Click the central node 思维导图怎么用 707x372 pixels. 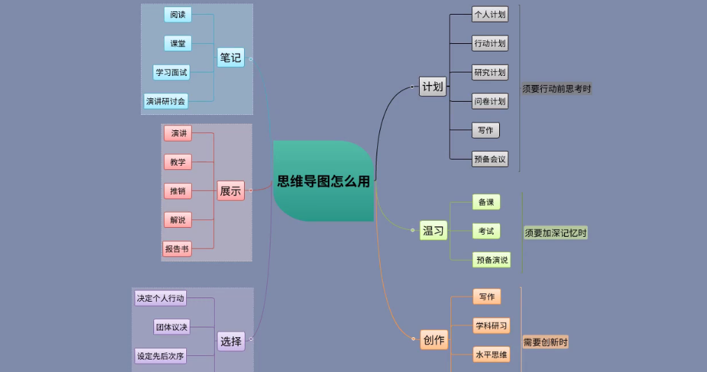tap(324, 182)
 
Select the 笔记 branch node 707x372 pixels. tap(230, 58)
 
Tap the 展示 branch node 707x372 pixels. tap(230, 190)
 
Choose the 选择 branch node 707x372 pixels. tap(230, 341)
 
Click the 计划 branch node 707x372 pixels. tap(432, 87)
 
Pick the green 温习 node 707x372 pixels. tap(433, 231)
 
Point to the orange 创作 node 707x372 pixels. tap(433, 340)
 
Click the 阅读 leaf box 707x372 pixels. tap(177, 15)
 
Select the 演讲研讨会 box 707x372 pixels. tap(166, 101)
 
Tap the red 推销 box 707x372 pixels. tap(178, 191)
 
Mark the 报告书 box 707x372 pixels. tap(176, 249)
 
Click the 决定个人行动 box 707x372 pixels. tap(161, 298)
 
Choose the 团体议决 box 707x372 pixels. tap(172, 327)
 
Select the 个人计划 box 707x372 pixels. tap(489, 14)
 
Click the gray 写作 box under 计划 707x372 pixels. tap(485, 130)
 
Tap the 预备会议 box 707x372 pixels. tap(489, 159)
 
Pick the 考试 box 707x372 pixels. tap(486, 231)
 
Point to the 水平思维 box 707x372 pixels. tap(492, 355)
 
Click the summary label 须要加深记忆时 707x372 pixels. tap(556, 233)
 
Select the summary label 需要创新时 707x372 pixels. tap(545, 342)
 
